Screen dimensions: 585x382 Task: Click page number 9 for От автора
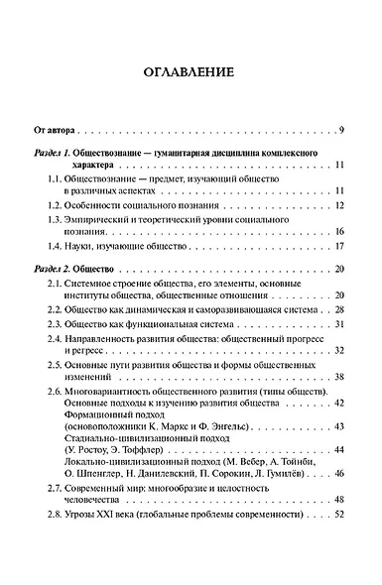click(340, 130)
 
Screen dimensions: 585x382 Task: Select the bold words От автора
click(59, 130)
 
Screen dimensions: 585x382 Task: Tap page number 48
click(337, 498)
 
